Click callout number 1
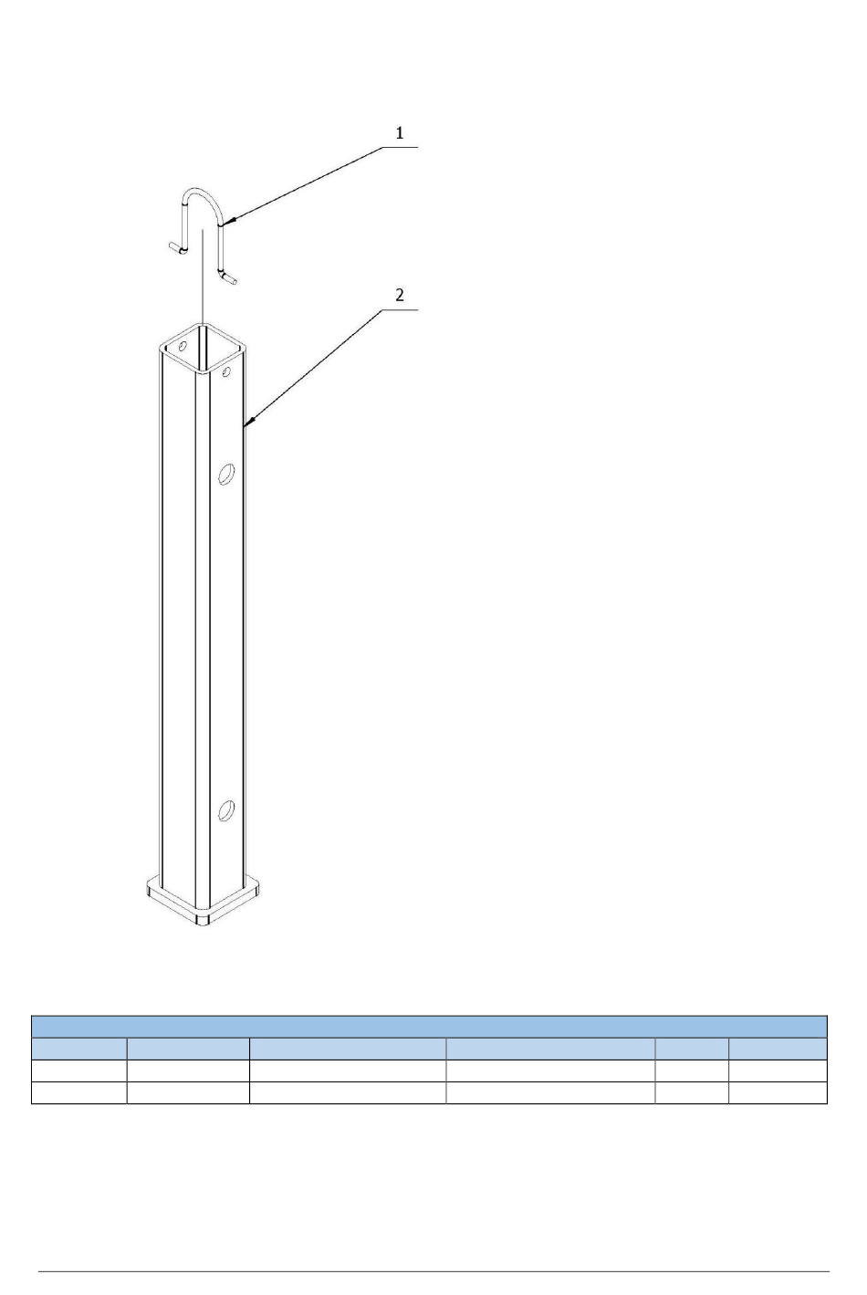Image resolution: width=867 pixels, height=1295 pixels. pos(400,133)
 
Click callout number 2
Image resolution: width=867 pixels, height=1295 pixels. pos(400,296)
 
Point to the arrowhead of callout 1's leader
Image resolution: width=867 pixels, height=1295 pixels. pos(226,221)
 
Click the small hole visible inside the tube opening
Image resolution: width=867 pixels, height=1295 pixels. pos(183,346)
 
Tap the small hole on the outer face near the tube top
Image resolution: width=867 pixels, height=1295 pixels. pos(226,371)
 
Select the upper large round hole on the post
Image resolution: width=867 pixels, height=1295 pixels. pos(226,474)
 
